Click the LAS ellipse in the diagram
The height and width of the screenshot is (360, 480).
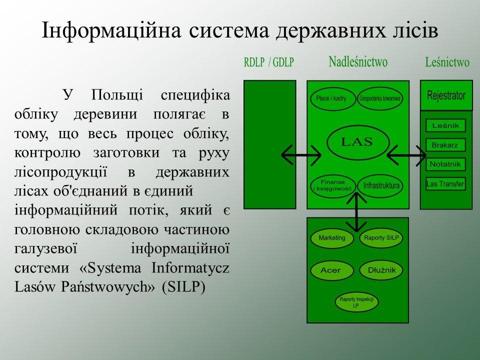pos(358,142)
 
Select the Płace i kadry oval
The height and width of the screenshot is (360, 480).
pos(333,98)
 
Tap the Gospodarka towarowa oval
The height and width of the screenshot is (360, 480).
pos(380,98)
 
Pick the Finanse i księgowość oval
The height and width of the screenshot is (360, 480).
pos(333,186)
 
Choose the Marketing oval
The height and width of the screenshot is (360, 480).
pos(332,238)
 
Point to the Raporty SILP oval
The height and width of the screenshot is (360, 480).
pos(381,238)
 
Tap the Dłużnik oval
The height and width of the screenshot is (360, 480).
pos(381,270)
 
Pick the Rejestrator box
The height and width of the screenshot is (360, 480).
pos(446,95)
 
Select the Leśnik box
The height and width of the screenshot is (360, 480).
pos(445,125)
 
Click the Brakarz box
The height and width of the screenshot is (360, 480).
pos(445,145)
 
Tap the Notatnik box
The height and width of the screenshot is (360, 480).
pos(445,164)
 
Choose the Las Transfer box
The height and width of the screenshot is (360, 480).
pos(445,184)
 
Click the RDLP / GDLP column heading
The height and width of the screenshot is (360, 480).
pos(269,62)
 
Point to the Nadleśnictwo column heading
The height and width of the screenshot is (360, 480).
pos(358,62)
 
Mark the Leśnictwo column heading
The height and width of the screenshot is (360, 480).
pos(447,62)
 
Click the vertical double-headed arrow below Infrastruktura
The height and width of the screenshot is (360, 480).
pos(356,212)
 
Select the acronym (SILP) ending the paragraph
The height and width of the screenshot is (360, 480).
pos(183,287)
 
